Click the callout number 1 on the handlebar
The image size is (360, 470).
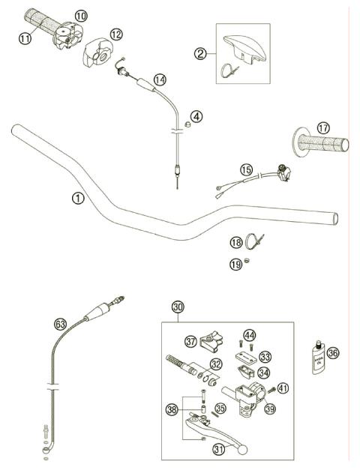pos(77,198)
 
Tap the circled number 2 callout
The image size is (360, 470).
pos(200,53)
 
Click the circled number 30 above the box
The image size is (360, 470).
pos(178,307)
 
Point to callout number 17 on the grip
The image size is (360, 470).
pos(322,128)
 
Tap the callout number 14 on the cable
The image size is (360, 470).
pos(160,79)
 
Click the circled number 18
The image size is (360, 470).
pos(235,242)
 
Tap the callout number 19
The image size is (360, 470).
pos(235,263)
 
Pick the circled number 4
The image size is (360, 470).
pos(196,116)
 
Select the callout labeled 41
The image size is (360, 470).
pos(283,388)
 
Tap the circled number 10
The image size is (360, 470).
pos(80,14)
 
